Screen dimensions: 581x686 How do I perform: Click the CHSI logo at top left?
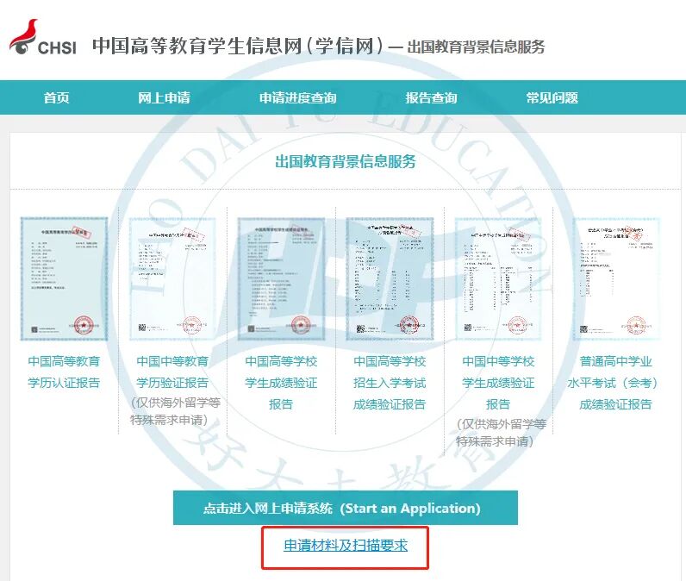43,39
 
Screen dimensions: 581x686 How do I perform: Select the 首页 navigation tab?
57,98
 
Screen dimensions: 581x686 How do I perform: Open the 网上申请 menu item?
164,98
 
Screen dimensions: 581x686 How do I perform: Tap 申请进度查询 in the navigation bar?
297,98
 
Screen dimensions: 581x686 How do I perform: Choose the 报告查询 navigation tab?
431,98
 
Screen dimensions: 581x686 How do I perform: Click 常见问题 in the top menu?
552,98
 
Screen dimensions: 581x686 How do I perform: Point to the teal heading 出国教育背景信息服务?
346,161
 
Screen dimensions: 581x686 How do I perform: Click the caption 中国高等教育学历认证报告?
64,372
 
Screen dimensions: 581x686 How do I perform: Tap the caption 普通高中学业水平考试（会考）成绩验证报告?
616,383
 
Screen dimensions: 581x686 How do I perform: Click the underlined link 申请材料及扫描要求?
346,546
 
